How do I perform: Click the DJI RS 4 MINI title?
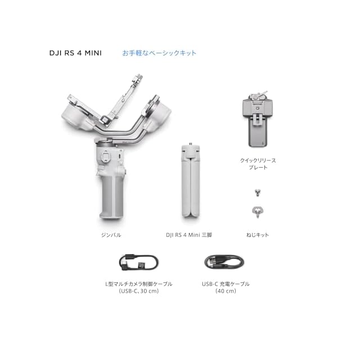pyautogui.click(x=75, y=53)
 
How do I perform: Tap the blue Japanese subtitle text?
pyautogui.click(x=159, y=53)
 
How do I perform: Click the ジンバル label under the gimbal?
pyautogui.click(x=111, y=235)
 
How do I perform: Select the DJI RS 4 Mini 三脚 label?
pyautogui.click(x=189, y=235)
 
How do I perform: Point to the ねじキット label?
pyautogui.click(x=258, y=235)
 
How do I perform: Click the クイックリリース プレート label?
pyautogui.click(x=258, y=164)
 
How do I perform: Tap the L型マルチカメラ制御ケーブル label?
pyautogui.click(x=139, y=284)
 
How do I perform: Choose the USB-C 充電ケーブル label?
pyautogui.click(x=226, y=284)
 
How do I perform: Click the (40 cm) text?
pyautogui.click(x=226, y=291)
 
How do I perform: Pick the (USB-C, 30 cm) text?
pyautogui.click(x=139, y=291)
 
